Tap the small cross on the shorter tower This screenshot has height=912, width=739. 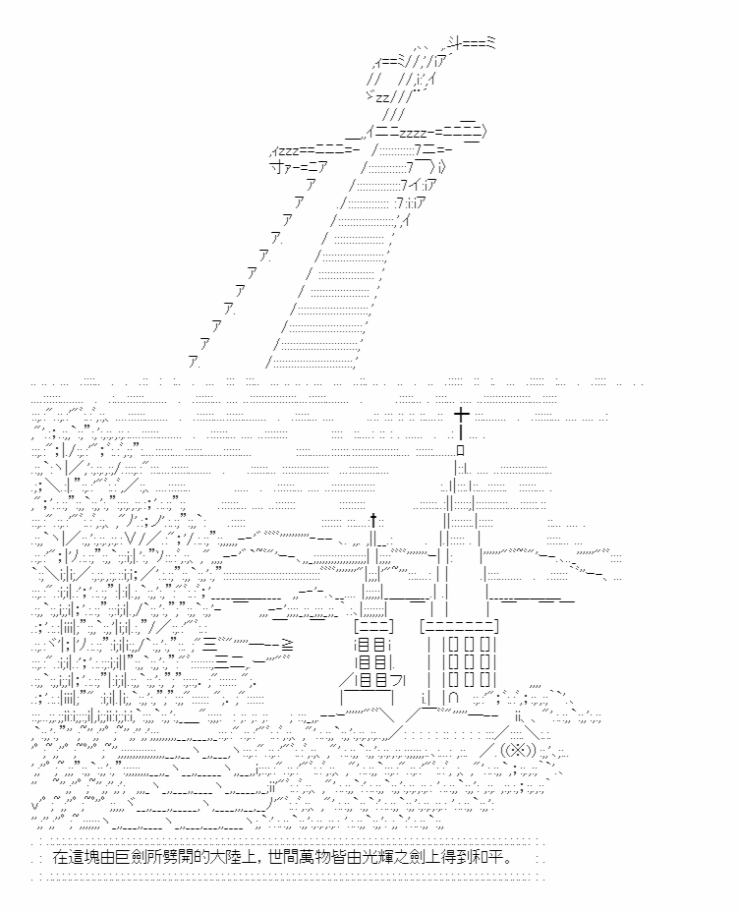(373, 520)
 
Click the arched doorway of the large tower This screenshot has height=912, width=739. (454, 696)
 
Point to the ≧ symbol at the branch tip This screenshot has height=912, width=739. (287, 645)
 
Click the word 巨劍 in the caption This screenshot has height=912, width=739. (133, 857)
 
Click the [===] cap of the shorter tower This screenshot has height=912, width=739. (373, 627)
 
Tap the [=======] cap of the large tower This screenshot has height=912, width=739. (459, 627)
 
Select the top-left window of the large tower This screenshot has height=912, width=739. (454, 645)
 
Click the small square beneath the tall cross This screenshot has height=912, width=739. (461, 449)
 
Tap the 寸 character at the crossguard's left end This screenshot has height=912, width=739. (276, 167)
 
